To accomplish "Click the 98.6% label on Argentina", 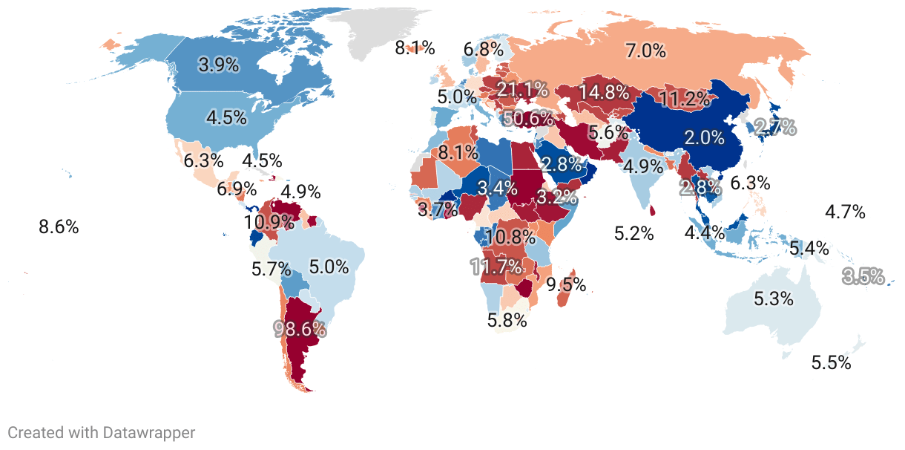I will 300,329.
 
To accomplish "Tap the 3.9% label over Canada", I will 219,65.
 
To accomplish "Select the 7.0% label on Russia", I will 645,51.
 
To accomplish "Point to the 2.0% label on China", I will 704,137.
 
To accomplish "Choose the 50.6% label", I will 527,118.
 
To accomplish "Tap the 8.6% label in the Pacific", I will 59,227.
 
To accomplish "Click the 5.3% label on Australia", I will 774,299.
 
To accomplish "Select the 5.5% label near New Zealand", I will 831,363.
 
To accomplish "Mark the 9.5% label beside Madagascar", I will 566,284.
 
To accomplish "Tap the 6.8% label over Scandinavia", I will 484,50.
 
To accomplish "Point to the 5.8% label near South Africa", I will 507,321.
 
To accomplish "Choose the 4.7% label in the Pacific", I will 845,212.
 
